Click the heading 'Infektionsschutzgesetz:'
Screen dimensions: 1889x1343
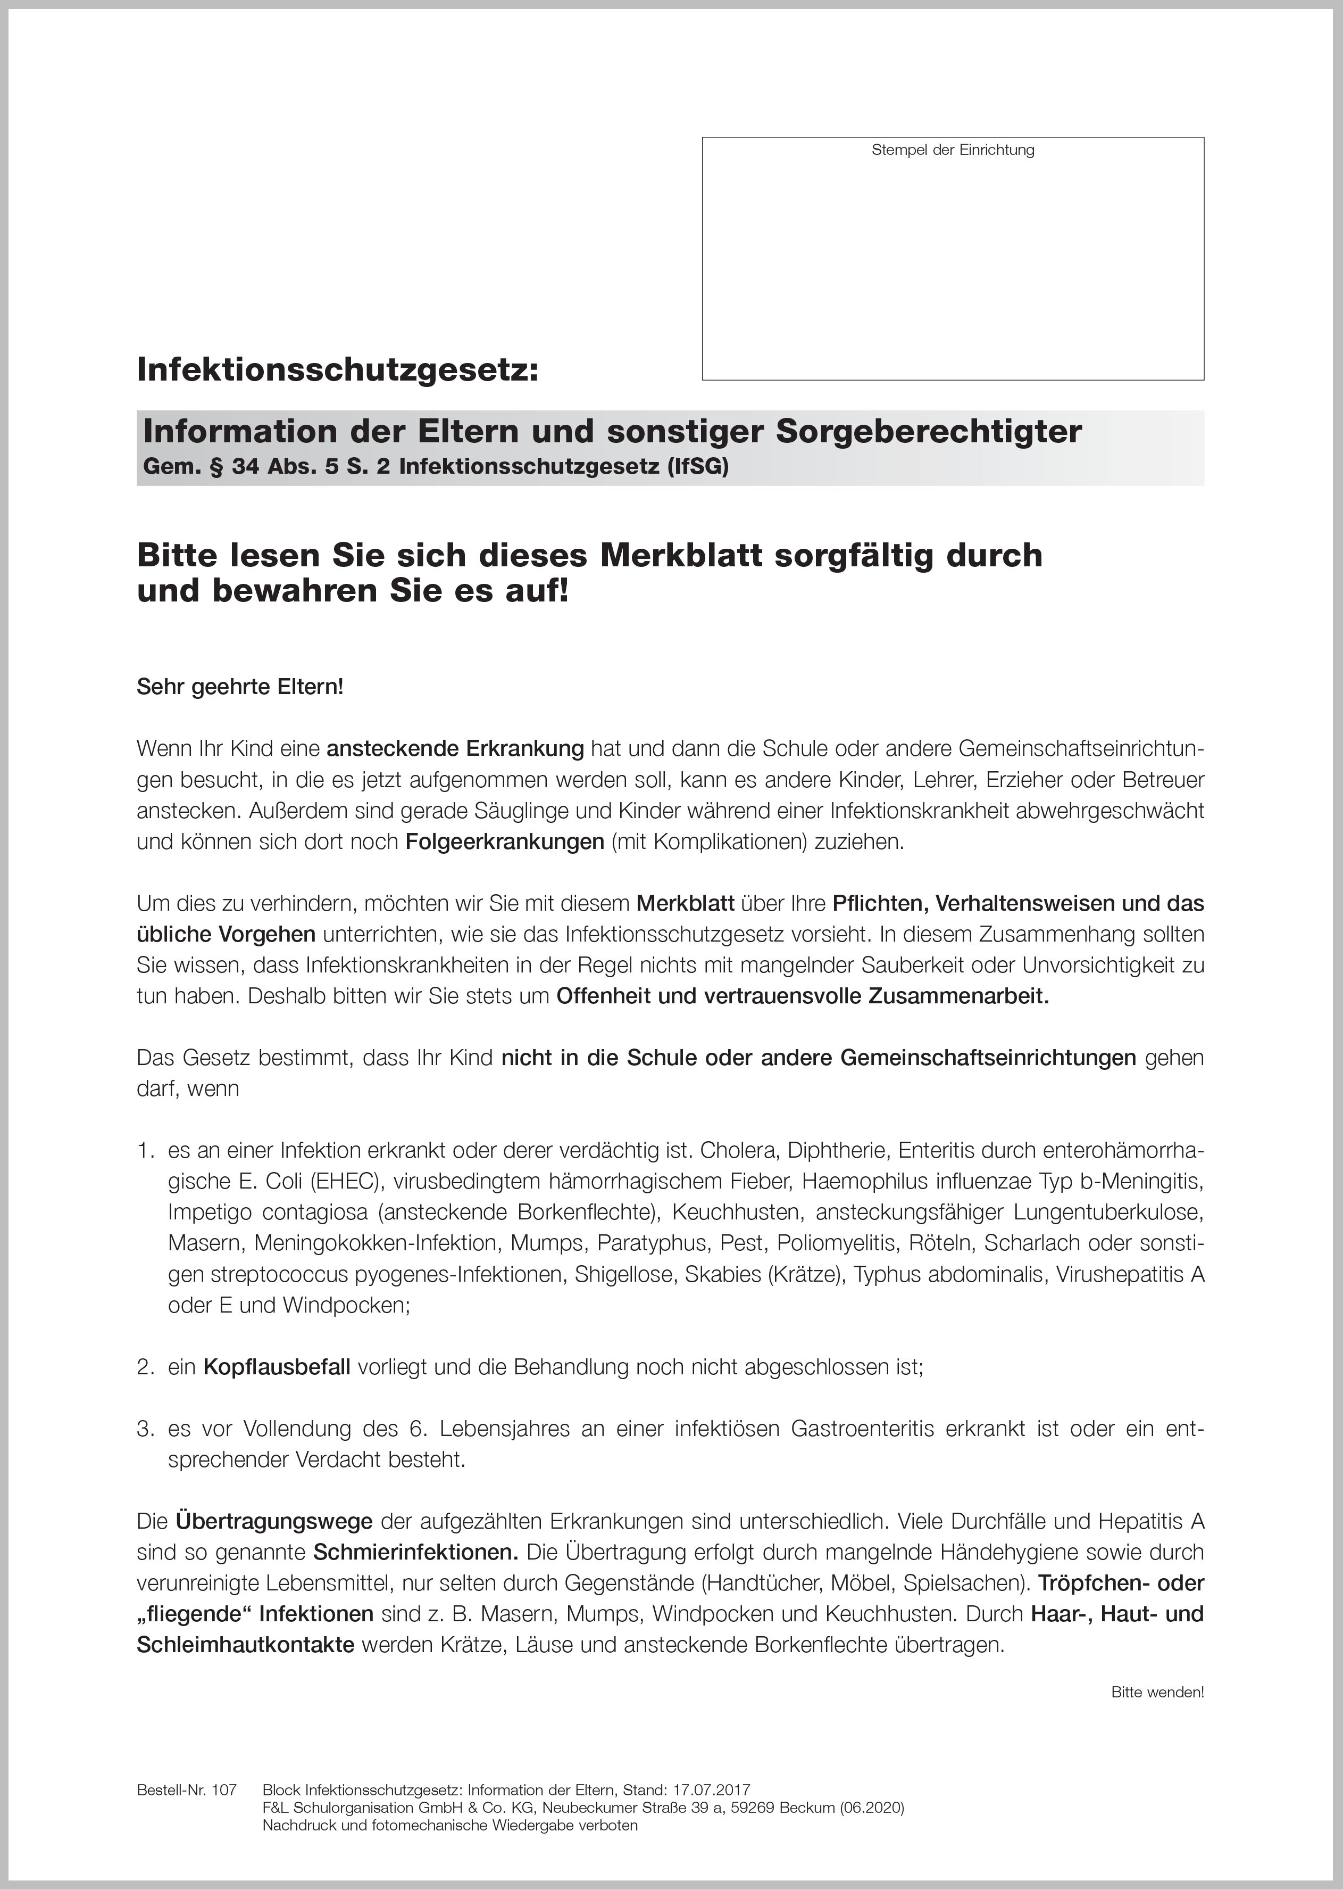337,369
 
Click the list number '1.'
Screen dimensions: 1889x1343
146,1151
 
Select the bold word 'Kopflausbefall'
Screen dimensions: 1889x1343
277,1367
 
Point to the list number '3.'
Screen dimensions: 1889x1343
146,1429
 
